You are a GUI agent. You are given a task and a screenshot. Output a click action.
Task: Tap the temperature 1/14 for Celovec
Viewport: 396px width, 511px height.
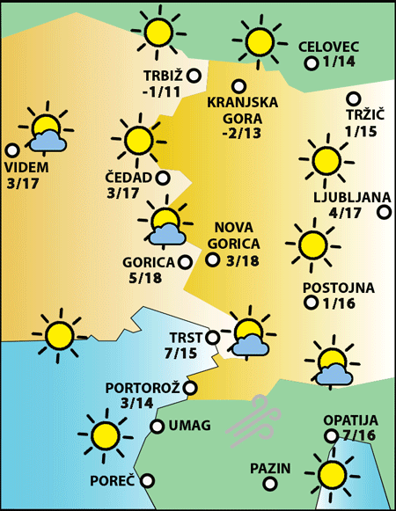coord(339,62)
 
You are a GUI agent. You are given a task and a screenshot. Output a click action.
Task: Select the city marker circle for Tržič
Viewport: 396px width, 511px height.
coord(354,99)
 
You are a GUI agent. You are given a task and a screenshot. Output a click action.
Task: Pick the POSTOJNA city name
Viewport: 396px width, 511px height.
coord(338,288)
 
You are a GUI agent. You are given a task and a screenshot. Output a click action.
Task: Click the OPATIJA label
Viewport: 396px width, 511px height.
coord(349,420)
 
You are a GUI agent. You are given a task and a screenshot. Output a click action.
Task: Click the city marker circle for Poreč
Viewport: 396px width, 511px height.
coord(148,480)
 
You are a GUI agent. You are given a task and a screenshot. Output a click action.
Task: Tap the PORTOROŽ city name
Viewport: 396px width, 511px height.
coord(143,387)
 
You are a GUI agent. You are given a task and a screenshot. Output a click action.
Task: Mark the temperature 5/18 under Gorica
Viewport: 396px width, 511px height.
coord(143,278)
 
